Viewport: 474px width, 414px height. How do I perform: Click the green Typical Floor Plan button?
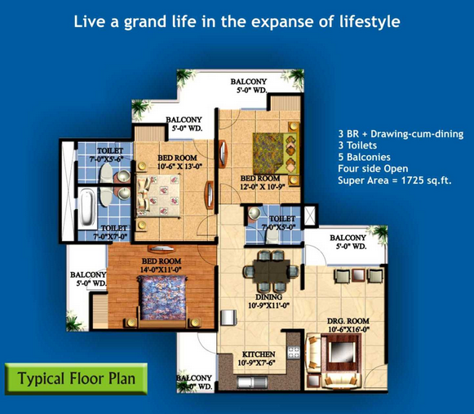click(76, 379)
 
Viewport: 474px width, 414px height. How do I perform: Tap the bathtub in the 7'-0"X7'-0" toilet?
click(87, 207)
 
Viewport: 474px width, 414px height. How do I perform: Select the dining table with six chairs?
click(271, 271)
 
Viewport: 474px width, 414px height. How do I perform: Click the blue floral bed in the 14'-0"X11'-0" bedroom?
click(162, 298)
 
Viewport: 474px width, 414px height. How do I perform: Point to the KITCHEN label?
click(259, 354)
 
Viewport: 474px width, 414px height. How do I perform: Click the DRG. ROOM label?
click(348, 321)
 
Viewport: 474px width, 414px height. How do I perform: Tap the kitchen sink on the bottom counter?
click(252, 382)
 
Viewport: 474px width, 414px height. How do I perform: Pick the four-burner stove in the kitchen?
click(294, 352)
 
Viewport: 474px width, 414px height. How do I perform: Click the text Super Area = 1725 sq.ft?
click(395, 180)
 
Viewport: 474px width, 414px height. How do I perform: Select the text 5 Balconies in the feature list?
click(364, 157)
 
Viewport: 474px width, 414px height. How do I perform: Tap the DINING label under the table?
click(268, 297)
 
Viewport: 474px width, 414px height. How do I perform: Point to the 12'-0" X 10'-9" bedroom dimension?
click(263, 186)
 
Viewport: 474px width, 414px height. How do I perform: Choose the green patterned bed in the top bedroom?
click(274, 154)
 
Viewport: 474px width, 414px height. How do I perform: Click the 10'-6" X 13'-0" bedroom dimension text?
click(179, 166)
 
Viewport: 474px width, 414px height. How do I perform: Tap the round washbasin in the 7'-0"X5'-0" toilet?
click(255, 213)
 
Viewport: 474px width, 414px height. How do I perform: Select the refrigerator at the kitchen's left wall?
click(228, 318)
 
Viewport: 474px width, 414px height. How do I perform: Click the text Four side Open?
click(373, 168)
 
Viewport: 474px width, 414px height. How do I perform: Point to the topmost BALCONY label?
click(249, 82)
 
